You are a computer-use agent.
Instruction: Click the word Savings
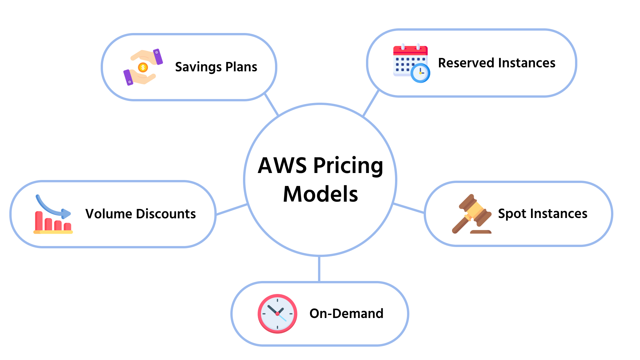198,67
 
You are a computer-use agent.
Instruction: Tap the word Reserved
466,63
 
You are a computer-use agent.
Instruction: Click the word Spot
512,214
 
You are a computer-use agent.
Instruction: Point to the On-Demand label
346,314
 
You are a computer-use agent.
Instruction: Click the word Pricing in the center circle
348,166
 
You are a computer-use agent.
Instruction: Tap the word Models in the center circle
320,194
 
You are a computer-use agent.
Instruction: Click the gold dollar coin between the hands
143,68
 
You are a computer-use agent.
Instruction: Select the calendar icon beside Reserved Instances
411,63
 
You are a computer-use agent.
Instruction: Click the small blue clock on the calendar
420,73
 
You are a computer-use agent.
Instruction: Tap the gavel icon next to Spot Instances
472,214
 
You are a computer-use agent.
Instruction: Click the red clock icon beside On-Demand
277,314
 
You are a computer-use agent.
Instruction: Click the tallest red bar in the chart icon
39,221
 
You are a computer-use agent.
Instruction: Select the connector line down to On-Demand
319,269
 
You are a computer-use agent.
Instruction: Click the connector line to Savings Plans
272,105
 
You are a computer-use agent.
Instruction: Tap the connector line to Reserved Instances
371,103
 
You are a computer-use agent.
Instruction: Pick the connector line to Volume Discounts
232,210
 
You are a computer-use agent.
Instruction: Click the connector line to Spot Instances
409,208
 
